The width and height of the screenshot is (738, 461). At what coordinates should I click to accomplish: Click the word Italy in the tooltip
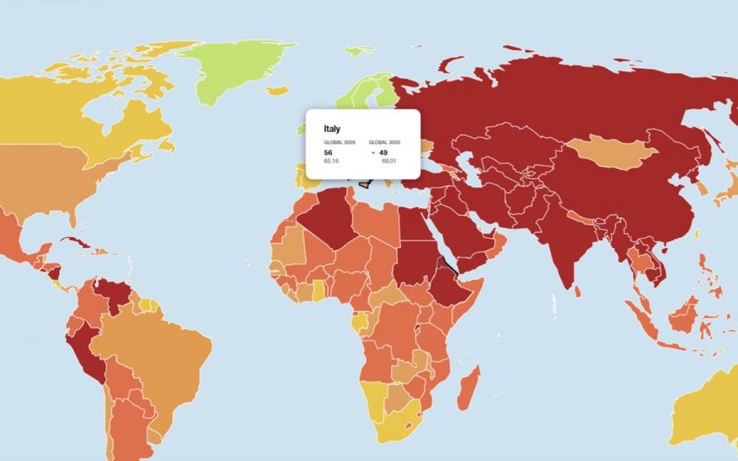click(332, 129)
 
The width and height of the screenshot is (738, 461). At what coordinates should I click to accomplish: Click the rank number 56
click(328, 153)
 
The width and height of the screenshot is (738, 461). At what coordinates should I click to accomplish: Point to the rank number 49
click(383, 153)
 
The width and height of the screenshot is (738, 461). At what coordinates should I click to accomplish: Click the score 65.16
click(331, 161)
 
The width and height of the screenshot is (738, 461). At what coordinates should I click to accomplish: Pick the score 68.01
click(389, 161)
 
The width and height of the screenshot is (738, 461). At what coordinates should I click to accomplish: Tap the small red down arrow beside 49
click(373, 153)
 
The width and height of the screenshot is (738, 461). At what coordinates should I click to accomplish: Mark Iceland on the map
click(278, 90)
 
